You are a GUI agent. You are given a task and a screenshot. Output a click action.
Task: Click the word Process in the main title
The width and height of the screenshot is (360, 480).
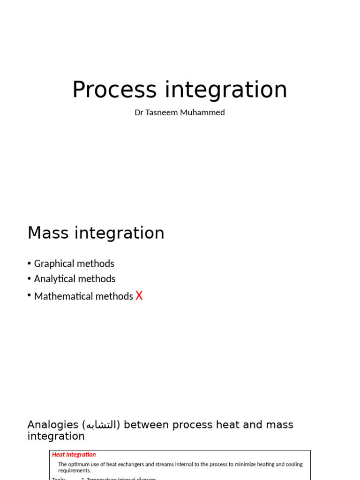(114, 90)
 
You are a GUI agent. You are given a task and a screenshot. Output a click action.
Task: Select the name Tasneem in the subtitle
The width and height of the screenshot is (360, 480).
(162, 112)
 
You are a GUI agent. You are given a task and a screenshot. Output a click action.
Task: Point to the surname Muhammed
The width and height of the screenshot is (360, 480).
(202, 112)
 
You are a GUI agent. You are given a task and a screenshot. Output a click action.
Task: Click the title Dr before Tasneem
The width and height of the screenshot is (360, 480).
(139, 112)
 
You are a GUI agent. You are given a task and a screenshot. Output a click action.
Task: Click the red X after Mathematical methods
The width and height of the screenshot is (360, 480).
(139, 296)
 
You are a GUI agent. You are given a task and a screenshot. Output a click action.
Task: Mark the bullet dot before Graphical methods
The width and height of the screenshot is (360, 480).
(29, 264)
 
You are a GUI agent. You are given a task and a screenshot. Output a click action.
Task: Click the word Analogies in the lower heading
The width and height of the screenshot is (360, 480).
(52, 425)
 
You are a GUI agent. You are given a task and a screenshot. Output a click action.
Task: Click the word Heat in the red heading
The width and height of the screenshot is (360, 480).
(59, 455)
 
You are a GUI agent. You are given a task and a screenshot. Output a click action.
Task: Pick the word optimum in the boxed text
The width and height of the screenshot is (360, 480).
(80, 465)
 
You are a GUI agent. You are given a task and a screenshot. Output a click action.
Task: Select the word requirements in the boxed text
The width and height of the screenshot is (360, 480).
(74, 471)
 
